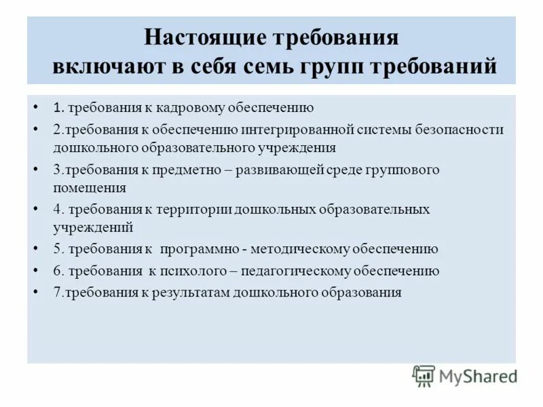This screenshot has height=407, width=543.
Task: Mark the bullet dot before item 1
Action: coord(36,107)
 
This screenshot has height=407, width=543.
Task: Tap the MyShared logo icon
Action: coord(424,375)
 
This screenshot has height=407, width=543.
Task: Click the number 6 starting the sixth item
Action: coord(57,271)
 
